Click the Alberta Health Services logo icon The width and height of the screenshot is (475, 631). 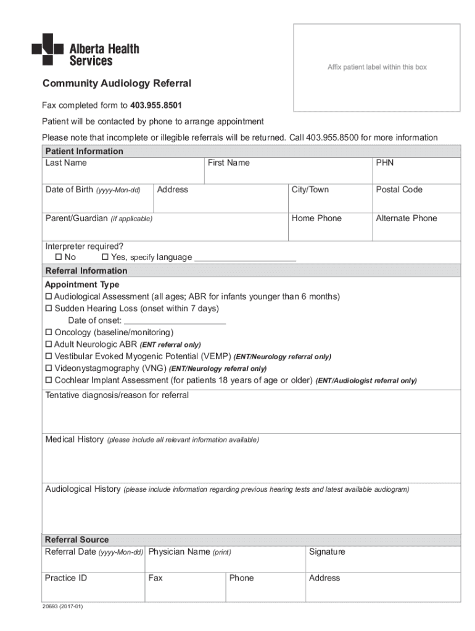pos(47,49)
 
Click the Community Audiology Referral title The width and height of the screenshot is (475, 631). pos(117,83)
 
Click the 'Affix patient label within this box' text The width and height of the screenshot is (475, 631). pos(376,67)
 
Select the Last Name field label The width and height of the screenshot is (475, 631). pos(66,163)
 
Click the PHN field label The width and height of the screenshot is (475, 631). pos(384,163)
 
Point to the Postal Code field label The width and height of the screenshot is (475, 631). pos(399,190)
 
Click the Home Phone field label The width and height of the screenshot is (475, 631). pos(316,218)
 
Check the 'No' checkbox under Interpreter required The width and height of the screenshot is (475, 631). pos(59,257)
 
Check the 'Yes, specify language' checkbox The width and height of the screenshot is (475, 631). pos(105,257)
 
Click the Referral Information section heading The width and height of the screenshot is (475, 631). pos(86,271)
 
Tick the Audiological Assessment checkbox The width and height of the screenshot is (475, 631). pos(49,297)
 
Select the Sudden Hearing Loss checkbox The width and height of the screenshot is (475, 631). pos(49,309)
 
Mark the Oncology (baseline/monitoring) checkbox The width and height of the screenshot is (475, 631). pos(49,333)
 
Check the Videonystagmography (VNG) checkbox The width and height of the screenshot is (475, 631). pos(49,368)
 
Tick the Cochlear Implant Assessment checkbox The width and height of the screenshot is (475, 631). pos(49,380)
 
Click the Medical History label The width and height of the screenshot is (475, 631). pos(75,439)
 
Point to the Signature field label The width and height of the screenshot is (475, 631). pos(327,552)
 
